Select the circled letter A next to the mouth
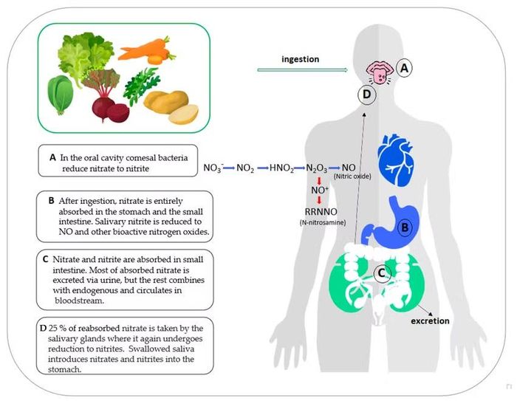coord(404,68)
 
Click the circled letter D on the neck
coord(366,95)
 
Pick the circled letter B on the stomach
coord(405,227)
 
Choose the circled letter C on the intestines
coord(382,273)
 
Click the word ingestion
coord(301,59)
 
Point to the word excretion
coord(430,321)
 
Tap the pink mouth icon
coord(380,72)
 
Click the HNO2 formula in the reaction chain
coord(281,168)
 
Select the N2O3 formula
coord(317,168)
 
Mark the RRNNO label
coord(321,212)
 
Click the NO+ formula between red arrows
coord(320,190)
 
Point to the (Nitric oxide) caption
coord(352,176)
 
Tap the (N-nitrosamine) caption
coord(323,222)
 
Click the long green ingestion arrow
coord(302,70)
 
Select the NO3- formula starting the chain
coord(213,168)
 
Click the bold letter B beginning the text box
coord(51,201)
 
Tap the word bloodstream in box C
coord(80,301)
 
